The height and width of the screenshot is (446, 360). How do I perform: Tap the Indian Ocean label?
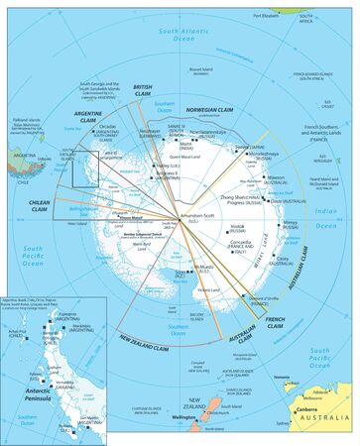click(330, 220)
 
